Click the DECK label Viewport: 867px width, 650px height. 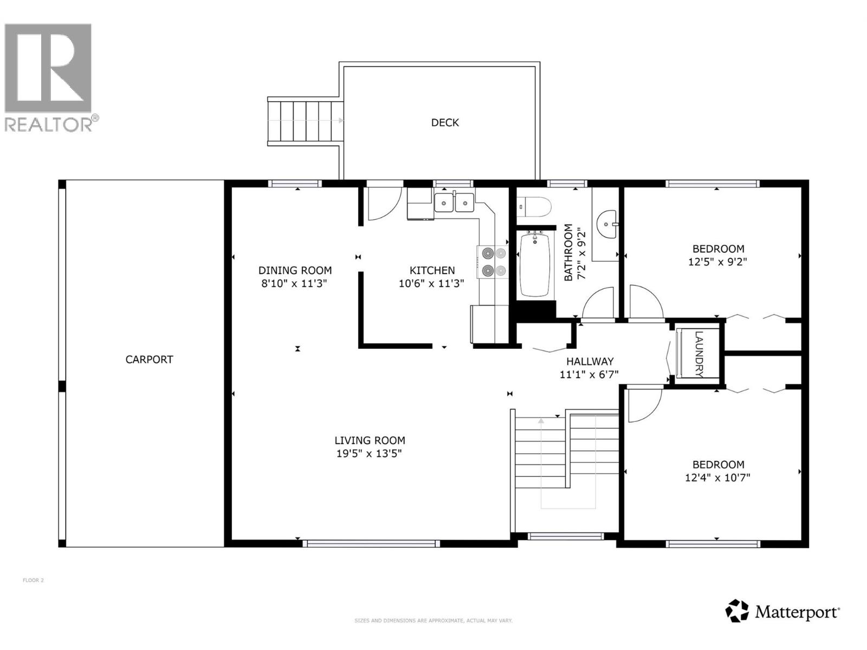(x=445, y=123)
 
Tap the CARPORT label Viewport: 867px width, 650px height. (x=149, y=360)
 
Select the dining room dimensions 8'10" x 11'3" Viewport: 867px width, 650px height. (x=294, y=283)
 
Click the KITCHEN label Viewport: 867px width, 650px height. (x=432, y=270)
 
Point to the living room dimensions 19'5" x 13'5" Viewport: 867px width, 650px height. (x=369, y=454)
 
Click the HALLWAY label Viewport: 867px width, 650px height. (x=590, y=361)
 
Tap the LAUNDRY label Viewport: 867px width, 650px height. (x=698, y=354)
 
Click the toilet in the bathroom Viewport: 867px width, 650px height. (x=536, y=207)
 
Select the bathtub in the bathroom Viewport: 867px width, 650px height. (x=535, y=265)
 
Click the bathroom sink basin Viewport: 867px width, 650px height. (x=606, y=224)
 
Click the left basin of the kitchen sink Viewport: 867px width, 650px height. (x=444, y=203)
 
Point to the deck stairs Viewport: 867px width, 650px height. (x=305, y=121)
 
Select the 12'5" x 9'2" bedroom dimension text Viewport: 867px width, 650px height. (x=718, y=262)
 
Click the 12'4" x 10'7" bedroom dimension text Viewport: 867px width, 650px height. (x=717, y=478)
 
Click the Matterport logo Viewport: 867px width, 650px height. (x=782, y=612)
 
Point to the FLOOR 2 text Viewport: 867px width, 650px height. (x=33, y=581)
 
